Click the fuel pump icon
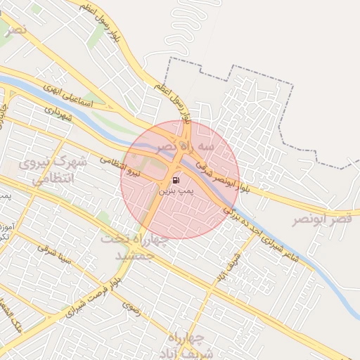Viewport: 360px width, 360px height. click(x=175, y=180)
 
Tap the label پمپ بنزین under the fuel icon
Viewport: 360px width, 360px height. click(x=174, y=191)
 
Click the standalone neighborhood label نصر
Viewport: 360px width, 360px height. click(x=15, y=31)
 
